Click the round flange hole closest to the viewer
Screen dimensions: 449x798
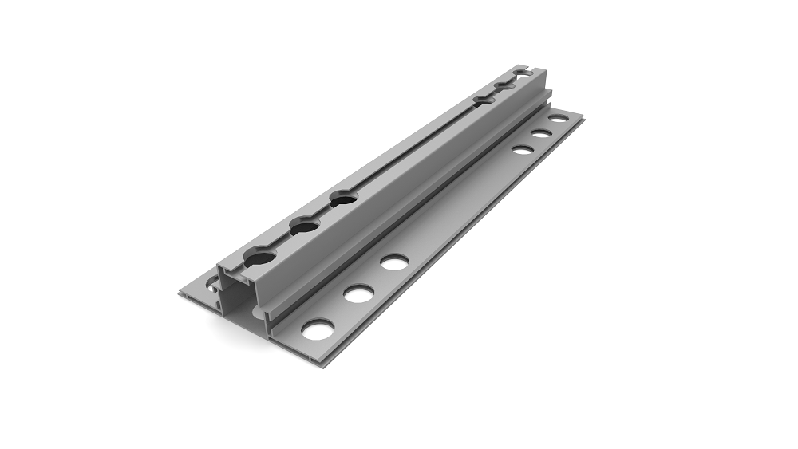pos(318,329)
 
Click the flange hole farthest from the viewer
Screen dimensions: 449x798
pos(559,119)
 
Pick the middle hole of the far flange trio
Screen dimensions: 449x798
pos(542,133)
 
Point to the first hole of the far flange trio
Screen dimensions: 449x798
pos(523,148)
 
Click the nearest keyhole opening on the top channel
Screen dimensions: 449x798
pos(259,258)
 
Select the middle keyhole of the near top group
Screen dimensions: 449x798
pos(305,226)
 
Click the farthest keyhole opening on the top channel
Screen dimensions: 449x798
pos(521,73)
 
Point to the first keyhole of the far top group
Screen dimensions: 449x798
pos(484,100)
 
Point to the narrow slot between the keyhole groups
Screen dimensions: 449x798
pos(415,148)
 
